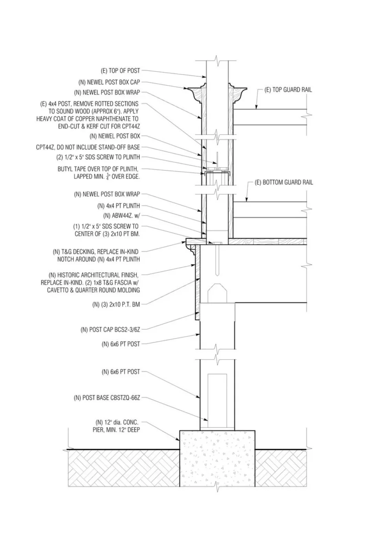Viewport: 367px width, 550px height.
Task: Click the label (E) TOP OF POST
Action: click(120, 71)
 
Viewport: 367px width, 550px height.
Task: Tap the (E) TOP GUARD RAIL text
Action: click(288, 90)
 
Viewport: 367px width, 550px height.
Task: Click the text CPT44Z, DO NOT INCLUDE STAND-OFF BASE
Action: click(88, 147)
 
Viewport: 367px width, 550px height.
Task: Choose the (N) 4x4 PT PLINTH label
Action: click(119, 206)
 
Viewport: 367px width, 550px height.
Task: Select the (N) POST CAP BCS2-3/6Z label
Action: click(110, 329)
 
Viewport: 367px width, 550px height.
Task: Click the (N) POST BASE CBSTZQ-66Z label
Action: click(106, 398)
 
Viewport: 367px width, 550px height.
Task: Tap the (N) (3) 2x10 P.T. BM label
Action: click(116, 304)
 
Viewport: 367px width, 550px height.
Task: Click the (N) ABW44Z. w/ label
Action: click(121, 216)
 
